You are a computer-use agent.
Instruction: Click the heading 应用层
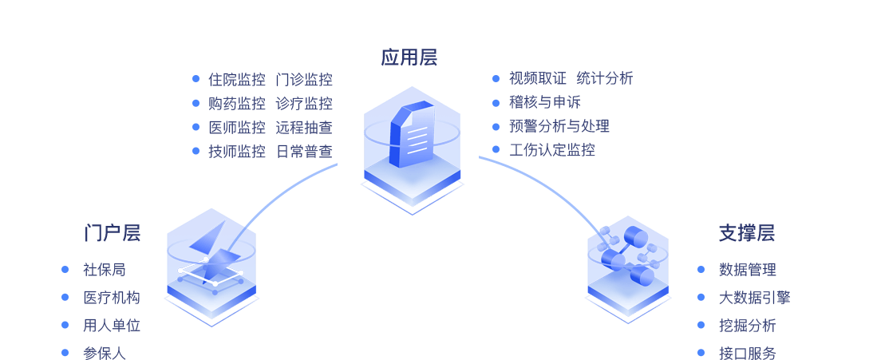pyautogui.click(x=409, y=57)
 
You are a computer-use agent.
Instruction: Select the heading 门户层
pyautogui.click(x=113, y=233)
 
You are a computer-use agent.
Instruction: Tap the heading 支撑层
pyautogui.click(x=746, y=233)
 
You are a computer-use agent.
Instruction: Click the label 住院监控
pyautogui.click(x=236, y=79)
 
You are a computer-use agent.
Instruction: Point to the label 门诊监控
pyautogui.click(x=304, y=79)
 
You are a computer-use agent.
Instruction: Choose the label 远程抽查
pyautogui.click(x=304, y=127)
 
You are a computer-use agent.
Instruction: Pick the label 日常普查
pyautogui.click(x=304, y=151)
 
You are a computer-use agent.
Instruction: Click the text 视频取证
pyautogui.click(x=538, y=78)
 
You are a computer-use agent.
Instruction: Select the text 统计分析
pyautogui.click(x=605, y=78)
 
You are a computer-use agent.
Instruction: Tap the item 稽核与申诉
pyautogui.click(x=545, y=102)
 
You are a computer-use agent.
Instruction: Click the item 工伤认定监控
pyautogui.click(x=552, y=150)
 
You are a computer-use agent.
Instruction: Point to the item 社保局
pyautogui.click(x=105, y=270)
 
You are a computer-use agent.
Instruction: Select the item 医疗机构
pyautogui.click(x=112, y=298)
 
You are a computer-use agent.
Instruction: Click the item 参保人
pyautogui.click(x=105, y=353)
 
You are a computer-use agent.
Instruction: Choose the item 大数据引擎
pyautogui.click(x=754, y=298)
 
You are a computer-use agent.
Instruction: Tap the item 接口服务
pyautogui.click(x=747, y=353)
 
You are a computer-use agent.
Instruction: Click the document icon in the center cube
pyautogui.click(x=413, y=133)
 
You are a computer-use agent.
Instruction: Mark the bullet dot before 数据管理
pyautogui.click(x=701, y=270)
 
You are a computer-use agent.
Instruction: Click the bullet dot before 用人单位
pyautogui.click(x=65, y=325)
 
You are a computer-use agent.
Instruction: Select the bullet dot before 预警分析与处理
pyautogui.click(x=496, y=126)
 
